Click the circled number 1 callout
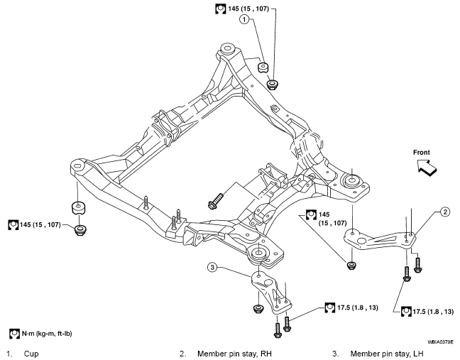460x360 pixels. click(244, 20)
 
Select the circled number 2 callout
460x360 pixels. click(445, 212)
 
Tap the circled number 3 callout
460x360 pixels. click(212, 267)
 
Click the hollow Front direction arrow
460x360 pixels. click(427, 168)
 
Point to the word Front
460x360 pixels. click(421, 152)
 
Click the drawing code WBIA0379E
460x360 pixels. click(440, 342)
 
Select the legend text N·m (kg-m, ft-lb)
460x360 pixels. click(47, 334)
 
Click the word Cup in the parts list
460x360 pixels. click(31, 354)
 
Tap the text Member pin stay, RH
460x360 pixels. click(234, 354)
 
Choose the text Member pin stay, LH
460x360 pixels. click(387, 354)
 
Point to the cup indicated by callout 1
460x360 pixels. click(263, 67)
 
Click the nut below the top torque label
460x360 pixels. click(273, 84)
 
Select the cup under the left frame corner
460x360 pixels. click(78, 208)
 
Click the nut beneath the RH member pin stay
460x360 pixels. click(351, 266)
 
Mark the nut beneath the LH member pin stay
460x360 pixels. click(258, 309)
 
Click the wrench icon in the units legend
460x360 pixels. click(14, 334)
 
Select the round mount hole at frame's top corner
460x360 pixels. click(226, 48)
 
